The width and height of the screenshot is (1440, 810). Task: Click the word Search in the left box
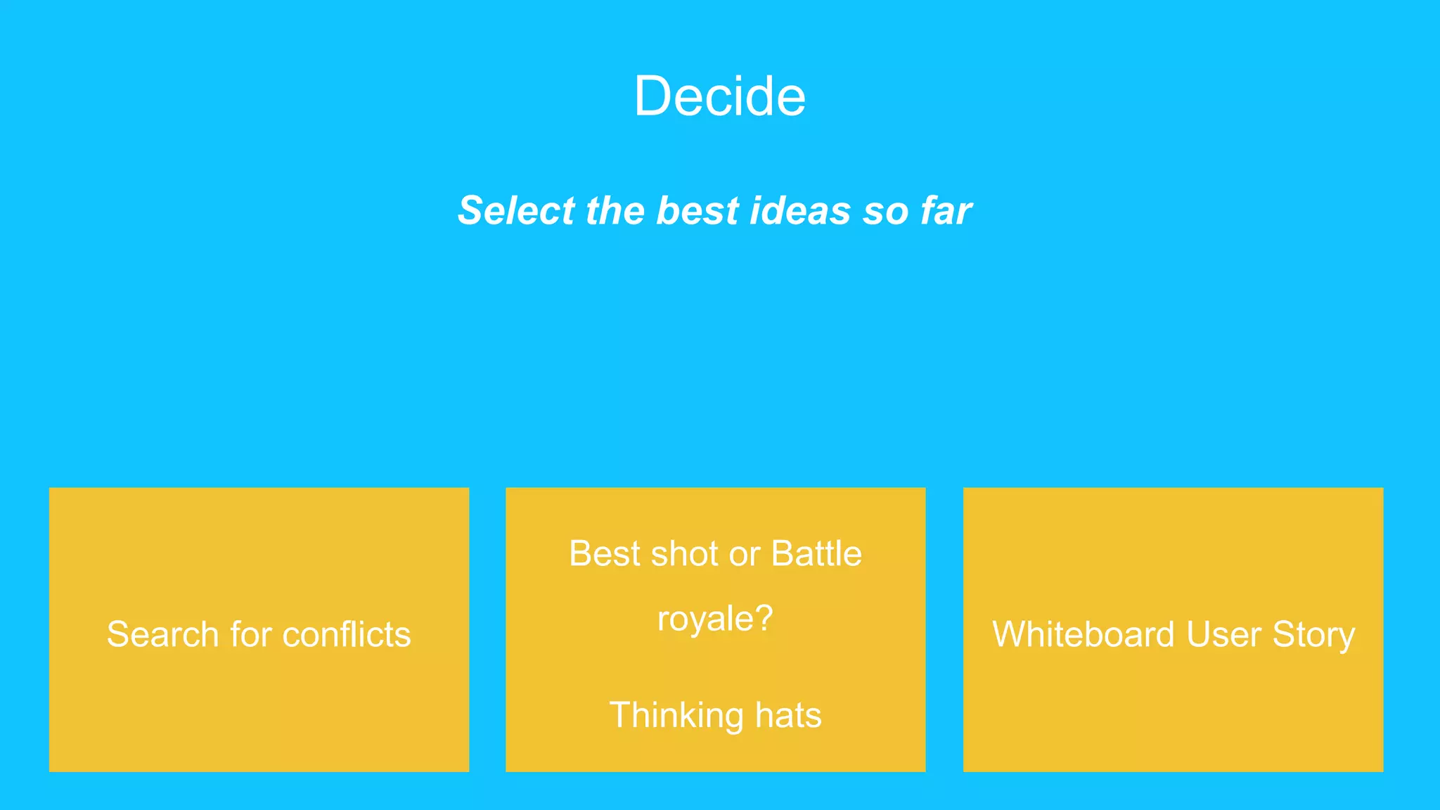coord(162,634)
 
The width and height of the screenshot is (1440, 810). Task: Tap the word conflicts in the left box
coord(347,634)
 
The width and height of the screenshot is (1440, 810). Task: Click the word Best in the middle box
coord(605,553)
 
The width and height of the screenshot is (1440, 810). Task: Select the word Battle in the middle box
coord(816,553)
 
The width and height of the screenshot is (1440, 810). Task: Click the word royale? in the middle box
coord(715,619)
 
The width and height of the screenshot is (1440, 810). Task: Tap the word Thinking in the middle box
coord(676,715)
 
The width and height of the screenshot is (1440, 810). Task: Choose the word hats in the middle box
coord(788,715)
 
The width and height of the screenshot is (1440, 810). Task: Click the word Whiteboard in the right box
coord(1083,634)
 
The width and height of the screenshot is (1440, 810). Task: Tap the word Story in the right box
coord(1313,636)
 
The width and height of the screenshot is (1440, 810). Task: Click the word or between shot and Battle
coord(745,555)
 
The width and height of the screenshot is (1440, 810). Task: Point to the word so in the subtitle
coord(885,212)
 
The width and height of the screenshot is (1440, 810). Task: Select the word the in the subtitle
coord(614,210)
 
